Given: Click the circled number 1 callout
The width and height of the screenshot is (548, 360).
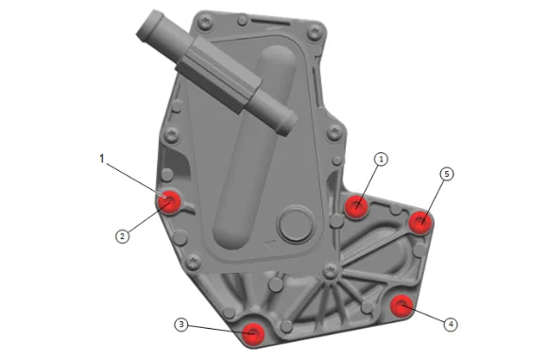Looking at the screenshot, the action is [382, 159].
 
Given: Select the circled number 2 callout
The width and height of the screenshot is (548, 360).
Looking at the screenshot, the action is [122, 236].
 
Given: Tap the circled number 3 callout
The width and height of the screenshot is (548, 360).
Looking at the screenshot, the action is [181, 325].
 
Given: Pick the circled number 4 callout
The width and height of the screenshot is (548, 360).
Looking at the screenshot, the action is [451, 324].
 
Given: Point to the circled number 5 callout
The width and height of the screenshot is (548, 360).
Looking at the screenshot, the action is [447, 174].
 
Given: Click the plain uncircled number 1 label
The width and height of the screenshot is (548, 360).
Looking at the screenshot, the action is [102, 159].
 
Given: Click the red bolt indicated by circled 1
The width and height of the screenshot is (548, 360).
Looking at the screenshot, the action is [356, 206].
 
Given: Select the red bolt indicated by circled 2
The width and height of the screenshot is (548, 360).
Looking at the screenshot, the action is [169, 202].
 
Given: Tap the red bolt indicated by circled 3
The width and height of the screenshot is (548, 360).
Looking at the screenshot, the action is [253, 334].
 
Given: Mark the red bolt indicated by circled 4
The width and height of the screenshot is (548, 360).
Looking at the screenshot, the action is [402, 306].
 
